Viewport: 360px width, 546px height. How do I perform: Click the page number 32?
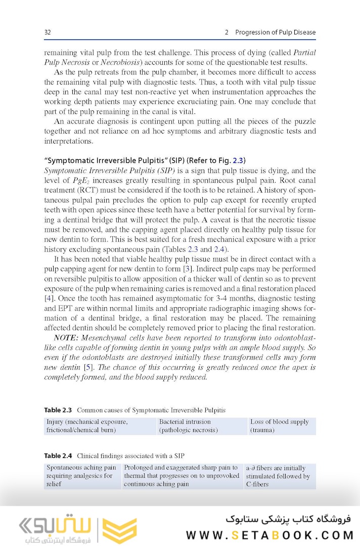(48, 32)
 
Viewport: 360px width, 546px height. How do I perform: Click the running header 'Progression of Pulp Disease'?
(275, 32)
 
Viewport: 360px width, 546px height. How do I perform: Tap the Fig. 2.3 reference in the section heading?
(238, 161)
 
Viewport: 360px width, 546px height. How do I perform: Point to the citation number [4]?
(49, 298)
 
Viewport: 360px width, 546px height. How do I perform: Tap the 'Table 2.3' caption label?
(58, 410)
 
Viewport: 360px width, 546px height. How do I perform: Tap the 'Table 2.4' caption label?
(58, 456)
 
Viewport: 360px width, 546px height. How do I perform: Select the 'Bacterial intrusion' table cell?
(185, 426)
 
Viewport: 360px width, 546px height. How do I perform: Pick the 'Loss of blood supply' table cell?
(280, 426)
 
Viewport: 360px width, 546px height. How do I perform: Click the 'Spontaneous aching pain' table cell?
(81, 476)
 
